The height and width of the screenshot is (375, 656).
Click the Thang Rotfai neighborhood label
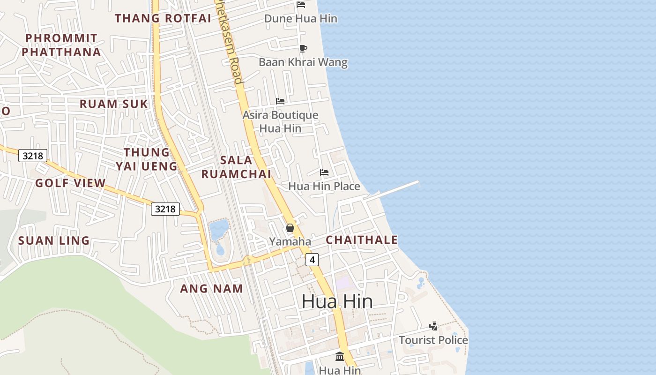click(x=163, y=18)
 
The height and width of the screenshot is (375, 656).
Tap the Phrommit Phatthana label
click(x=61, y=45)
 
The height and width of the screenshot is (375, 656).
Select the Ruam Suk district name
click(x=113, y=104)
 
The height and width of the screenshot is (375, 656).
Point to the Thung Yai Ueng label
click(x=147, y=159)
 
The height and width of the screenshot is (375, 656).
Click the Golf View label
click(x=70, y=183)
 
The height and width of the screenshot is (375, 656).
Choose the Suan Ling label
click(x=54, y=241)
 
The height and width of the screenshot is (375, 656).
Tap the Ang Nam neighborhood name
click(x=211, y=289)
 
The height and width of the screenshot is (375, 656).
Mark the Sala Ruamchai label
click(x=236, y=167)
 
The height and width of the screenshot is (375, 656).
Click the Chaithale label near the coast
click(x=362, y=240)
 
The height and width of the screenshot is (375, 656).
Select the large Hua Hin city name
click(x=337, y=301)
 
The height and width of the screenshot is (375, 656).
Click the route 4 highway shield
click(x=312, y=259)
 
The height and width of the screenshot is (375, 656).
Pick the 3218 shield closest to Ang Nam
click(x=165, y=209)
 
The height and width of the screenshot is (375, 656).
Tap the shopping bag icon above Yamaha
click(x=290, y=228)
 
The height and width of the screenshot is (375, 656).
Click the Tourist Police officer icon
click(x=433, y=326)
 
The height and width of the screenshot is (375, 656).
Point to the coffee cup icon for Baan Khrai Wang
click(x=303, y=48)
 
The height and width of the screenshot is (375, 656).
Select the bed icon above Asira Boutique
click(x=280, y=101)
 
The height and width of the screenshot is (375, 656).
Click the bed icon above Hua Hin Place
click(x=324, y=172)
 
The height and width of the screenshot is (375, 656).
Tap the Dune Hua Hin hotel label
click(x=301, y=19)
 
